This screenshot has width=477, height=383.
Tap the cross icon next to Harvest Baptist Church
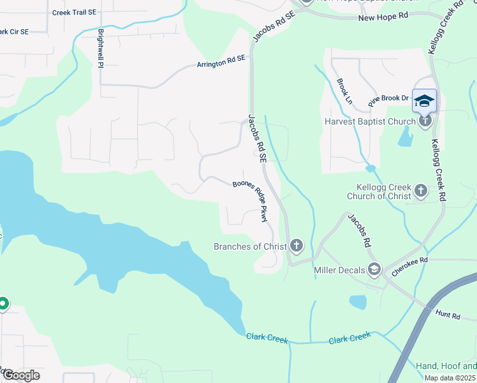[425, 121]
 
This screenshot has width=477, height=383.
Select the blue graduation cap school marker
[425, 101]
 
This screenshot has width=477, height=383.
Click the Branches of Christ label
[249, 246]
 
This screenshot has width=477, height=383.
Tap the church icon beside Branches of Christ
[296, 246]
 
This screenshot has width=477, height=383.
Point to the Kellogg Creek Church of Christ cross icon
[420, 190]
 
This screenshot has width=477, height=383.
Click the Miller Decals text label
[339, 270]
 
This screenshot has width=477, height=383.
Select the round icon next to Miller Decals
[374, 270]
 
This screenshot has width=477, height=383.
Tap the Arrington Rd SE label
[221, 61]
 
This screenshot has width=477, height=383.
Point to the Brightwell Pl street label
[101, 45]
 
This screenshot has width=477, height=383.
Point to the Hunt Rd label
[448, 315]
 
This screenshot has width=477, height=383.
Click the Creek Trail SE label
[74, 12]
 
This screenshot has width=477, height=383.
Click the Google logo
[20, 375]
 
